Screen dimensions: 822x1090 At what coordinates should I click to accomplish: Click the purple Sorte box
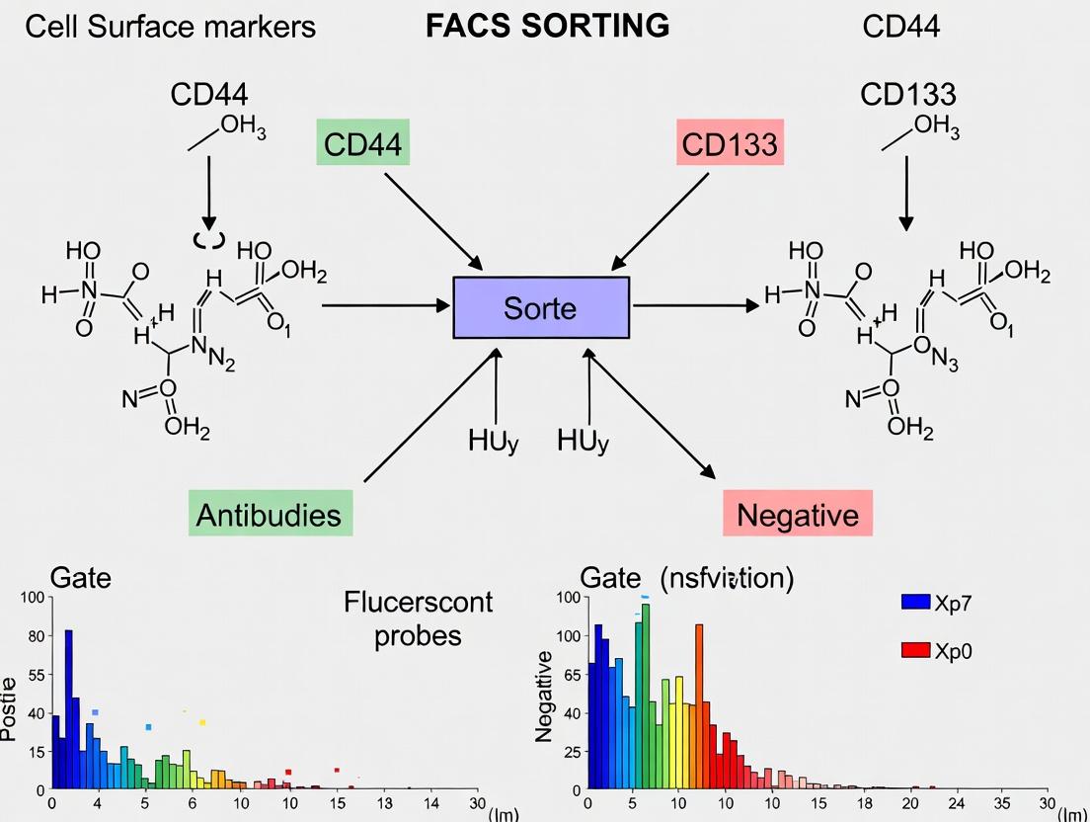[540, 307]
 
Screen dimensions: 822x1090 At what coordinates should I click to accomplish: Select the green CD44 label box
[362, 145]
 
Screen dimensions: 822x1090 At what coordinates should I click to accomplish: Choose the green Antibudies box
[269, 514]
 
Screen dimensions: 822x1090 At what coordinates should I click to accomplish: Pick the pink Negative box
[798, 514]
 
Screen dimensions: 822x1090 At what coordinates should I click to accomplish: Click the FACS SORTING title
[547, 26]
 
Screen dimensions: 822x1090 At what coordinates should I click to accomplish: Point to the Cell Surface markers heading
[170, 27]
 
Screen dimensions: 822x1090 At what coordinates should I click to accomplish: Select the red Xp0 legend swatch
[916, 650]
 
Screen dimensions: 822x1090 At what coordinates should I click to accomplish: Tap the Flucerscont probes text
[418, 617]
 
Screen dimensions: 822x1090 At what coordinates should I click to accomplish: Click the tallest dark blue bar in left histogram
[69, 708]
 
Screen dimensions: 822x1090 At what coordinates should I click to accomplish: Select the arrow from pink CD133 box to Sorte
[661, 219]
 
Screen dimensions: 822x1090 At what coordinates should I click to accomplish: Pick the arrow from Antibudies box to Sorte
[430, 415]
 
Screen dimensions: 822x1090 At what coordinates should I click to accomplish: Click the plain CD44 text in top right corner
[900, 27]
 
